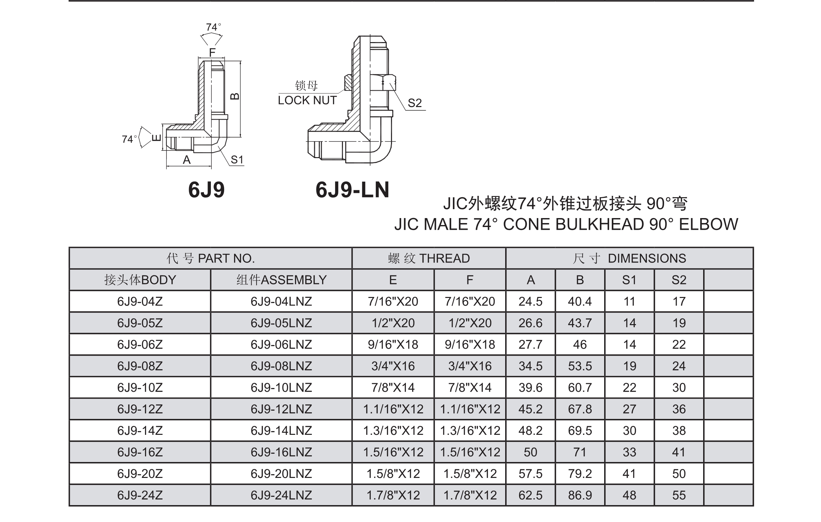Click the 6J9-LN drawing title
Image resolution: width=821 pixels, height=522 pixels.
click(352, 190)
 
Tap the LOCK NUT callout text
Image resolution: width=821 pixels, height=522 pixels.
click(307, 100)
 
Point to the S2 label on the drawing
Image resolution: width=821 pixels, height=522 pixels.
click(414, 103)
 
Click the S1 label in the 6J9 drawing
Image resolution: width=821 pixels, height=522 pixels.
click(237, 160)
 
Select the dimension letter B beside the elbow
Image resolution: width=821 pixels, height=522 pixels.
click(235, 97)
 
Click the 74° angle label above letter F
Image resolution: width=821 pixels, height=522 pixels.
click(214, 27)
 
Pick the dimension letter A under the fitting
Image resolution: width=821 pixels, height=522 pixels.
click(186, 160)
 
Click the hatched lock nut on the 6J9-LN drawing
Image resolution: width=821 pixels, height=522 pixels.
click(348, 83)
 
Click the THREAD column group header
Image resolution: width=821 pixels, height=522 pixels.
click(429, 259)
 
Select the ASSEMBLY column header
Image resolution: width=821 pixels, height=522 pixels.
click(281, 280)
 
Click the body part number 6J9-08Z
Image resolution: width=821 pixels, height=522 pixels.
click(140, 366)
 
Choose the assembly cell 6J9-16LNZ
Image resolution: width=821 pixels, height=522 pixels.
click(281, 452)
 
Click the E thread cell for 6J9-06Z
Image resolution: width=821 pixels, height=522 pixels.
click(393, 344)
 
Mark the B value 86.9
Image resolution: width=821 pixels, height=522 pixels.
click(580, 495)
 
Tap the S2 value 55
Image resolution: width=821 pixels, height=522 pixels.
click(679, 495)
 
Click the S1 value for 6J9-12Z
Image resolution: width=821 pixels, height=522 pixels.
click(629, 409)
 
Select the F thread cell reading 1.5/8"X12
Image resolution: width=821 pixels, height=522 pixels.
click(470, 474)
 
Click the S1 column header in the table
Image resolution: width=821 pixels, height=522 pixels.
click(629, 280)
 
